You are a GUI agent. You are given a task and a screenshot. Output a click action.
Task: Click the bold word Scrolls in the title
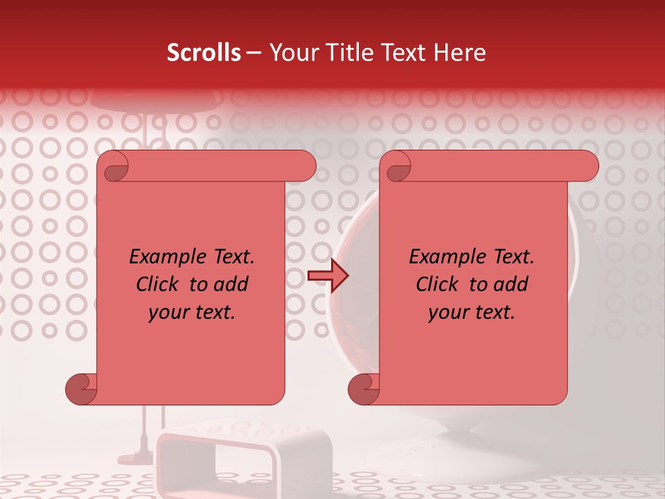tap(204, 53)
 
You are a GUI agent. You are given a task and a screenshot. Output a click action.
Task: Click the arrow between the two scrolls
tap(328, 276)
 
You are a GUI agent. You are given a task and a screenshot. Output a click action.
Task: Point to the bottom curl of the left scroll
tap(81, 389)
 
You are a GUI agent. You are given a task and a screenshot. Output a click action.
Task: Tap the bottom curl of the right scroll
tap(364, 389)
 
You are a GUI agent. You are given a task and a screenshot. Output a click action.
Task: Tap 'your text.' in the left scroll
tap(192, 312)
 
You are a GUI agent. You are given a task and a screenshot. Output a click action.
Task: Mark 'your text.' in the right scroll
tap(472, 312)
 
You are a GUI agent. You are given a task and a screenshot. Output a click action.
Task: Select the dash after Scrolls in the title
tap(254, 53)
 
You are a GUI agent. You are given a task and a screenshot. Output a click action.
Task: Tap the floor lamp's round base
tap(135, 459)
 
